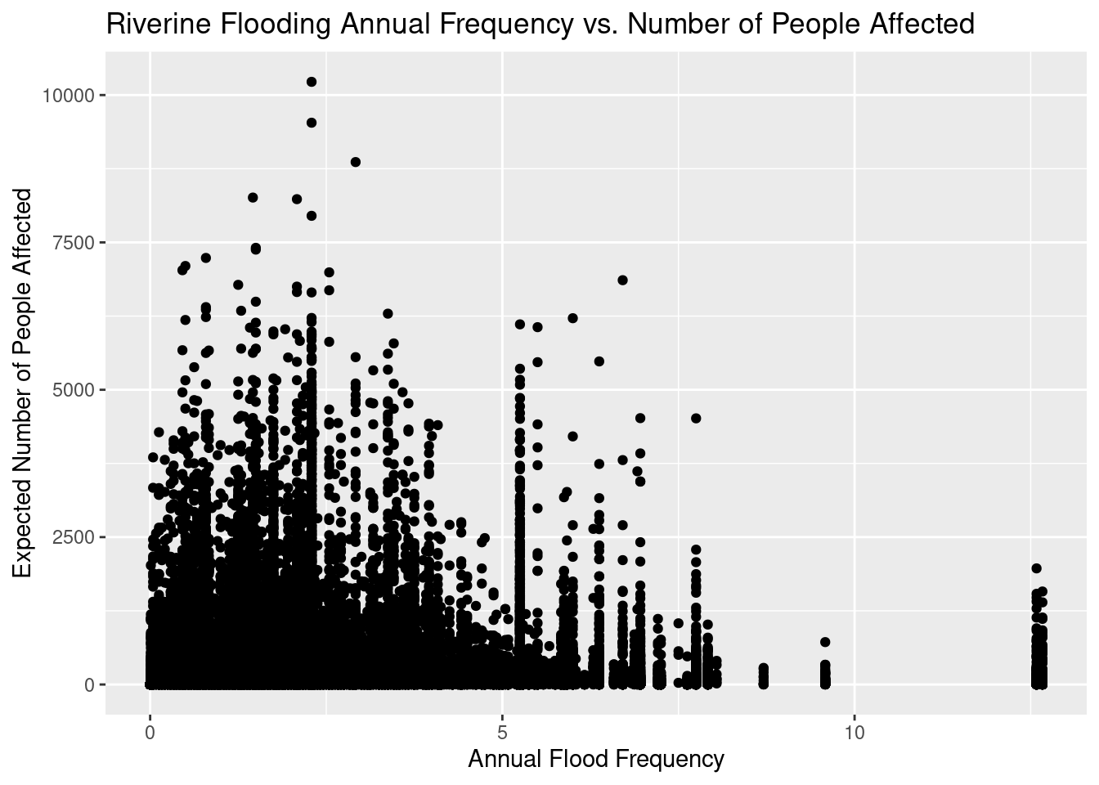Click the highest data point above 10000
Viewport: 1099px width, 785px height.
tap(312, 82)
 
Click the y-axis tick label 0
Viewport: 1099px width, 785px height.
tap(90, 684)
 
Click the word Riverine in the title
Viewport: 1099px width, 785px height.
tap(154, 25)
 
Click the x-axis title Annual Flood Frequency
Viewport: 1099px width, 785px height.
tap(595, 760)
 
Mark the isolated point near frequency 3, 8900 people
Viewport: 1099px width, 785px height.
tap(356, 162)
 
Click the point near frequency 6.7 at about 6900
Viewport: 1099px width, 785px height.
tap(622, 280)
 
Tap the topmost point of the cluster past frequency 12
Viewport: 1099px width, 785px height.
tap(1036, 568)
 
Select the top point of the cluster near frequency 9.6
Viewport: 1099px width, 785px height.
tap(825, 642)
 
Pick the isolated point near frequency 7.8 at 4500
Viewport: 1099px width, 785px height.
tap(696, 418)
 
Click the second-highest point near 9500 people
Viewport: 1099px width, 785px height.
tap(312, 123)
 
